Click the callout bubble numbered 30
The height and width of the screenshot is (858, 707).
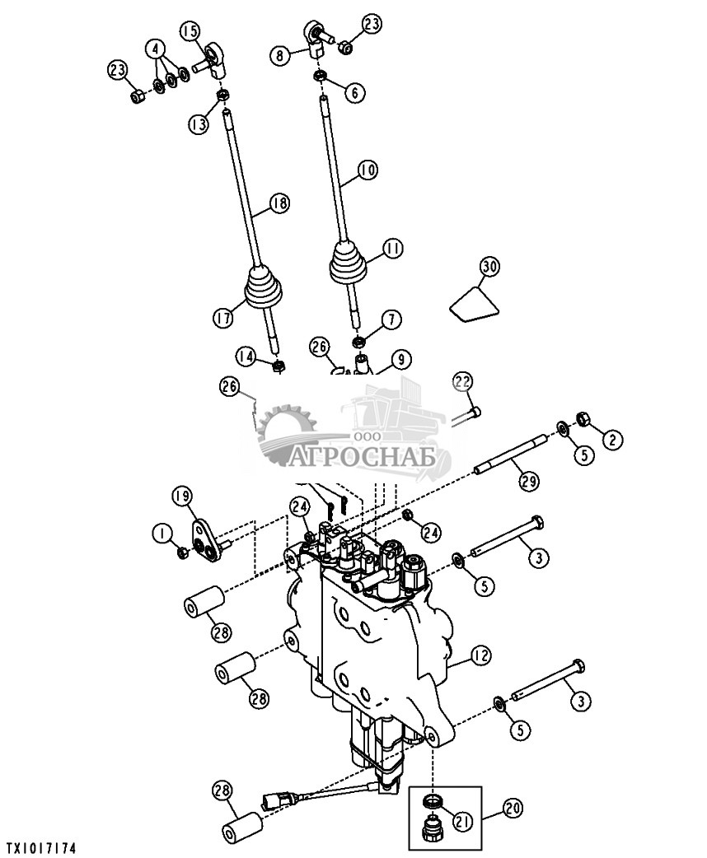pyautogui.click(x=489, y=267)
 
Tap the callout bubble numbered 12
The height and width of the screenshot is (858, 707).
pyautogui.click(x=480, y=656)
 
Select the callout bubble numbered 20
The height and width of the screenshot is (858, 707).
pyautogui.click(x=513, y=809)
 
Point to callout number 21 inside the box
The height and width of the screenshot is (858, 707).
pyautogui.click(x=463, y=821)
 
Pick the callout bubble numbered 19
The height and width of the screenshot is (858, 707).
pyautogui.click(x=183, y=497)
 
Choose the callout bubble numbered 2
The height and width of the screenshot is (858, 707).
pyautogui.click(x=613, y=438)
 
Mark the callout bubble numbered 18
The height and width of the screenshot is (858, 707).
pyautogui.click(x=279, y=203)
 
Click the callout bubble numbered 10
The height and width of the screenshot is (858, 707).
pyautogui.click(x=368, y=170)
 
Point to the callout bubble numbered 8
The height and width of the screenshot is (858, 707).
pyautogui.click(x=280, y=55)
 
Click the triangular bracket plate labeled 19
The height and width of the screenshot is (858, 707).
pyautogui.click(x=204, y=543)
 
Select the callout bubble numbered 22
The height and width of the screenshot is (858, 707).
pyautogui.click(x=463, y=382)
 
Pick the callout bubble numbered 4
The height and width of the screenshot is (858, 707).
pyautogui.click(x=156, y=49)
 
